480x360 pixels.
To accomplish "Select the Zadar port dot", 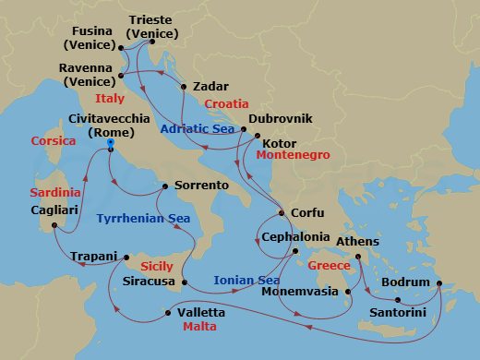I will pyautogui.click(x=184, y=87).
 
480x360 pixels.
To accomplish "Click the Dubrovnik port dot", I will pyautogui.click(x=244, y=130).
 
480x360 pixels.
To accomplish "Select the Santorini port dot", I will pyautogui.click(x=397, y=300).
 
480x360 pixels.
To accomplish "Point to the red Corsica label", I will pyautogui.click(x=53, y=141).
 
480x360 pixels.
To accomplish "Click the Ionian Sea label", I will pyautogui.click(x=246, y=281).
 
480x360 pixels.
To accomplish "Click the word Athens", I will pyautogui.click(x=359, y=243).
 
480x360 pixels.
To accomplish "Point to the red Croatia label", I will pyautogui.click(x=228, y=104).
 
